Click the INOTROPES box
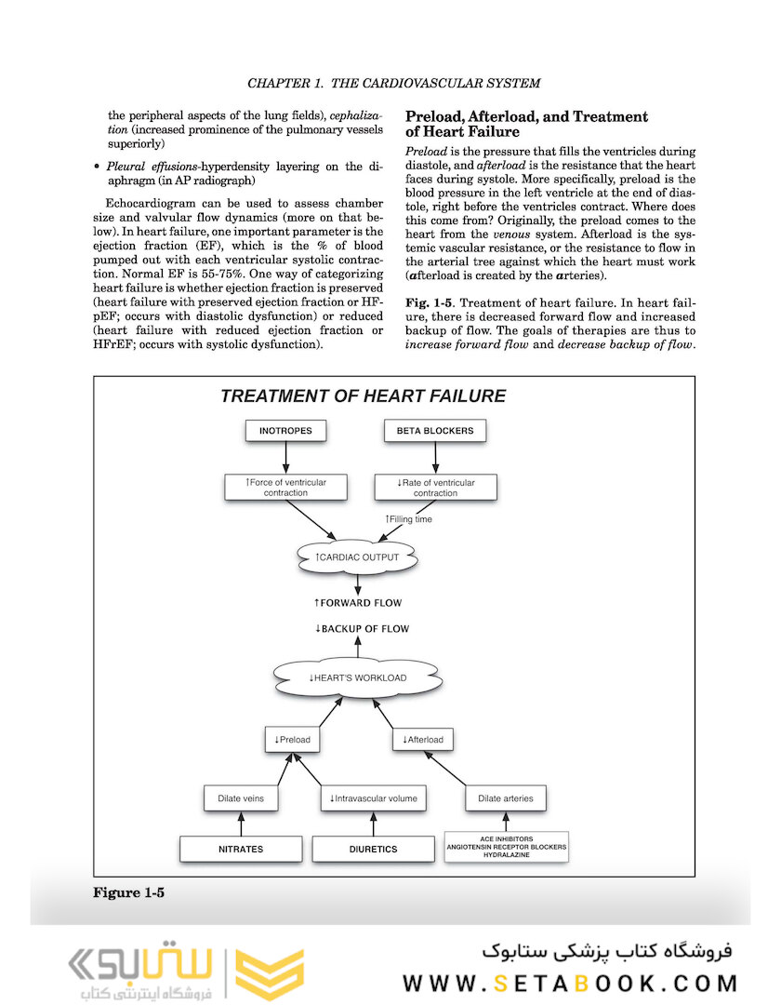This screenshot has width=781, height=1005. (285, 431)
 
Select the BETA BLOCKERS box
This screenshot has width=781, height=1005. (435, 431)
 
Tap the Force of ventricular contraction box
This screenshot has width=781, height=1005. (285, 487)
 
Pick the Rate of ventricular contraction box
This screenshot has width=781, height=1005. (435, 487)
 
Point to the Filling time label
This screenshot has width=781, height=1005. (408, 519)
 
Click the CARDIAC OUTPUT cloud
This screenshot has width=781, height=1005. (357, 557)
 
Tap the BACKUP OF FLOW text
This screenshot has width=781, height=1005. (362, 629)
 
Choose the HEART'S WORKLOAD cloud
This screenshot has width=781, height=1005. (357, 677)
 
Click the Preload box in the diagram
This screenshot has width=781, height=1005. (292, 740)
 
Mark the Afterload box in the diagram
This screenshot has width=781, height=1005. (423, 740)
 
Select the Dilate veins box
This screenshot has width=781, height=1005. (242, 798)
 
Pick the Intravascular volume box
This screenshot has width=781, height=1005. (373, 798)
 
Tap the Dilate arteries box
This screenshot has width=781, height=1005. (505, 798)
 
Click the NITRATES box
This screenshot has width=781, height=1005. (242, 849)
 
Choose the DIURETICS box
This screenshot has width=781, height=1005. (373, 849)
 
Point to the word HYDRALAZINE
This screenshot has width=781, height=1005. (506, 854)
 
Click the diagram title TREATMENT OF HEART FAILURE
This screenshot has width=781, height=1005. (363, 396)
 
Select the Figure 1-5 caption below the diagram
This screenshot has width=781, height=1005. (128, 893)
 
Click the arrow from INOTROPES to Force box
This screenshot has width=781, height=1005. (285, 457)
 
